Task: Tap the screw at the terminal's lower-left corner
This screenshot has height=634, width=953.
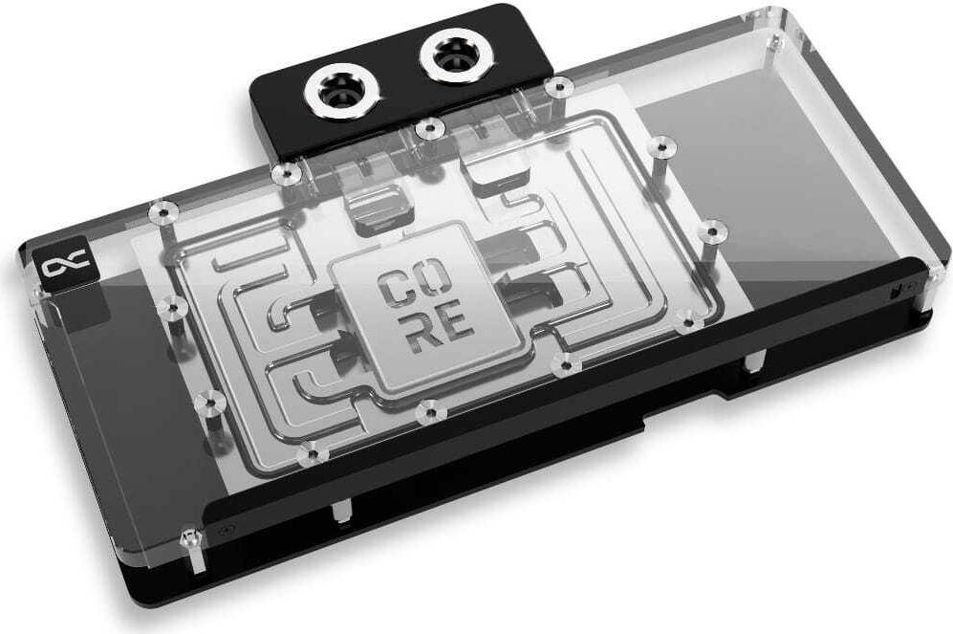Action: coord(284,173)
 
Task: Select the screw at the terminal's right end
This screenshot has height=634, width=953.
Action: coord(557,88)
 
